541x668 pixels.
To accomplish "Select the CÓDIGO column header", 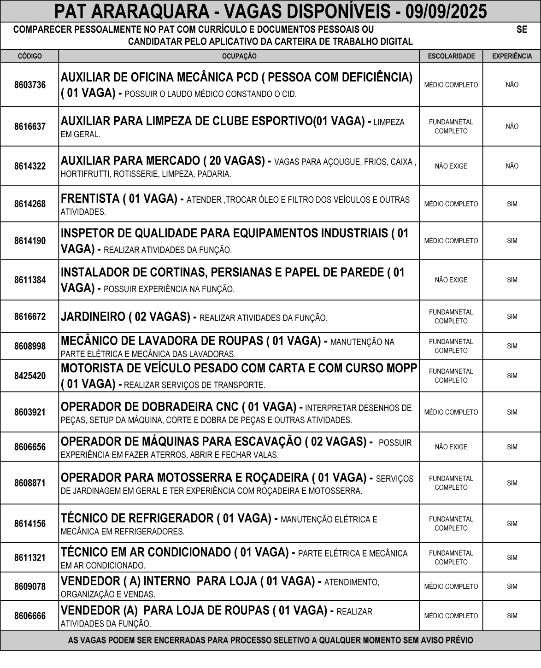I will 29,56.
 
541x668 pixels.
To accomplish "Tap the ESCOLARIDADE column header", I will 451,56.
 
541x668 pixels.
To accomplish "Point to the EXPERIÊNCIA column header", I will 512,56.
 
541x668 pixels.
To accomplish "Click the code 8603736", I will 30,85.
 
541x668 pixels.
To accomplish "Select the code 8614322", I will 30,166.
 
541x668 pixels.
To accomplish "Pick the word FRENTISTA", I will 90,199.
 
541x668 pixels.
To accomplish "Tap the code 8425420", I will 30,376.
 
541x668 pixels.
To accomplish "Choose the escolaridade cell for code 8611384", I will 451,280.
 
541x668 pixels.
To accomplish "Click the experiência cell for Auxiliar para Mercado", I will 512,166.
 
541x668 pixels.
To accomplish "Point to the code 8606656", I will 30,447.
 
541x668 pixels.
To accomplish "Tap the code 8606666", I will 30,616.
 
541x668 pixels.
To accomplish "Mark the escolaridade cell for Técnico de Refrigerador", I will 451,524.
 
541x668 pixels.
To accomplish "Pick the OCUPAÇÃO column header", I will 239,56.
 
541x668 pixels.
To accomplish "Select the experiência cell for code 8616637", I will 512,127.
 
